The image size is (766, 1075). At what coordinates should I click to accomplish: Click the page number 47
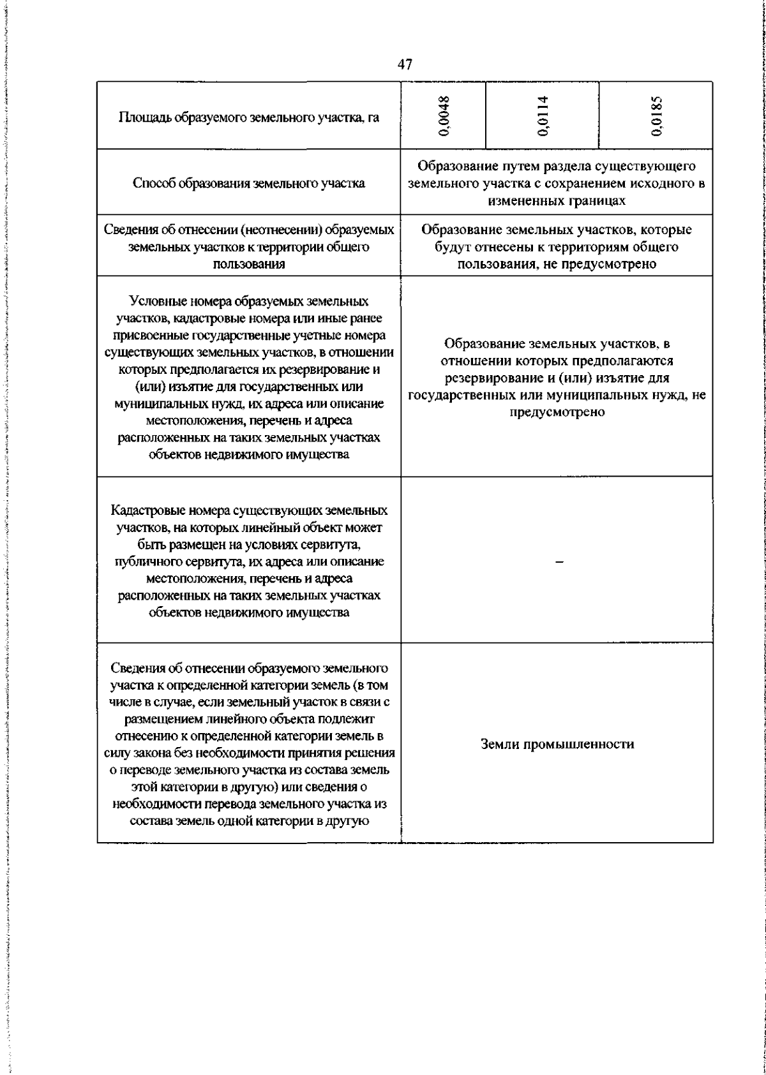coord(405,64)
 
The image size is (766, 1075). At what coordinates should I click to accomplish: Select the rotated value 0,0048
coord(445,116)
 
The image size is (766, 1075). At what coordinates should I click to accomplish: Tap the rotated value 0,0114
coord(543,116)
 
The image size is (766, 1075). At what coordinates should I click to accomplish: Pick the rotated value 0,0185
coord(657,116)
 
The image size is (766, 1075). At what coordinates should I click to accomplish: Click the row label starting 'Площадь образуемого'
coord(249,118)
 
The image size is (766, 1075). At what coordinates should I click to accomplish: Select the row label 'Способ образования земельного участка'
coord(249,184)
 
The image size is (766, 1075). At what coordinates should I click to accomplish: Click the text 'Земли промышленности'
coord(557,744)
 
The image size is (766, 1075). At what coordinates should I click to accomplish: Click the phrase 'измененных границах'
coord(556,201)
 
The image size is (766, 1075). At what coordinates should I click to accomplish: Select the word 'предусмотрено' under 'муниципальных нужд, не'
coord(557,412)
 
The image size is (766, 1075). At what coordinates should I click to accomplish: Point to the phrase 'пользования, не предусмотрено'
coord(557,264)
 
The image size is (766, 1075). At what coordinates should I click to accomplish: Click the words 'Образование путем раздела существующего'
coord(556,167)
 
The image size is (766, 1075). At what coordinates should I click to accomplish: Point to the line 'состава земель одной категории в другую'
coord(249,821)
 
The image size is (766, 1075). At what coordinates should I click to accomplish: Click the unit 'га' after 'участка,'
coord(373,118)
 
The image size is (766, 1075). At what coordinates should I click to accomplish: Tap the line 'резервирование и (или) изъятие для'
coord(557,378)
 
